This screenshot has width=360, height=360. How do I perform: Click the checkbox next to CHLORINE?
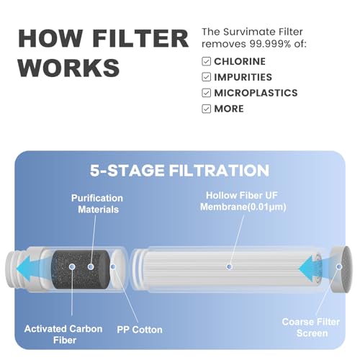pos(206,61)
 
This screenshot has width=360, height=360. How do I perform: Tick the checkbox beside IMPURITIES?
pos(206,77)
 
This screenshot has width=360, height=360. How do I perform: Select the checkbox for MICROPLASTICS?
pos(206,93)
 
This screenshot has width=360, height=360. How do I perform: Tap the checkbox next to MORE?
pos(206,109)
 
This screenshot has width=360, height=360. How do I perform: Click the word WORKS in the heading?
pos(69,68)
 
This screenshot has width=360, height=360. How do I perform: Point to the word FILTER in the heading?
pos(140,38)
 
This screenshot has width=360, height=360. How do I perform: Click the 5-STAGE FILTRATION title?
pos(179,171)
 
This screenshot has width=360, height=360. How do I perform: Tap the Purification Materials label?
pos(98,204)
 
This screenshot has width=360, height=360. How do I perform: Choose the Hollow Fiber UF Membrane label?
pos(243,201)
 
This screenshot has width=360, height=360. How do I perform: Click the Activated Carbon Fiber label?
pos(63,334)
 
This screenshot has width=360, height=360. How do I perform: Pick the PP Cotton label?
pos(140,330)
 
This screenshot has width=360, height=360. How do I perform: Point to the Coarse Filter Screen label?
pos(311,328)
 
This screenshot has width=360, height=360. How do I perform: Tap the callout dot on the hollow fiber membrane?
pos(229,266)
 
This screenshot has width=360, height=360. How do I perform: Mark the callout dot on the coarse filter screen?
pos(339,266)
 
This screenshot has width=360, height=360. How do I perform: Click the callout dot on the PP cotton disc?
pos(113,266)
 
